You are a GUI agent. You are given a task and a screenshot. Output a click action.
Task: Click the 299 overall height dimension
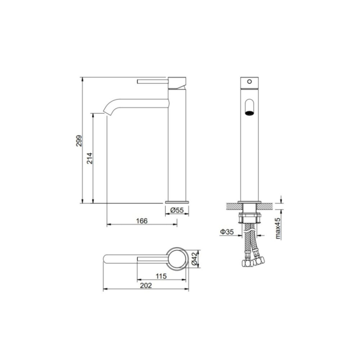[x=79, y=141]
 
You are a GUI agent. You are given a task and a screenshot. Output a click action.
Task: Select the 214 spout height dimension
[x=89, y=158]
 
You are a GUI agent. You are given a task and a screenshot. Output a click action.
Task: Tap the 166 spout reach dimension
[x=142, y=221]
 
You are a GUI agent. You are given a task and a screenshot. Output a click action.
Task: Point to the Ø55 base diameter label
[x=177, y=210]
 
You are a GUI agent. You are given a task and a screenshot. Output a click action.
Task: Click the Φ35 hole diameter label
[x=227, y=232]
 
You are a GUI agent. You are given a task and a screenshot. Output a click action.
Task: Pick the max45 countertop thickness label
[x=278, y=228]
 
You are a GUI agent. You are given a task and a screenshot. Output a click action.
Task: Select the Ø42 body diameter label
[x=194, y=259]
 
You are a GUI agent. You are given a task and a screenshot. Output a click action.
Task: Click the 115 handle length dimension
[x=161, y=276]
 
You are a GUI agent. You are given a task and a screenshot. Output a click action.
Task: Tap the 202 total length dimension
[x=146, y=285]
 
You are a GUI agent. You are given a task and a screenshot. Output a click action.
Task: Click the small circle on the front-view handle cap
[x=249, y=81]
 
